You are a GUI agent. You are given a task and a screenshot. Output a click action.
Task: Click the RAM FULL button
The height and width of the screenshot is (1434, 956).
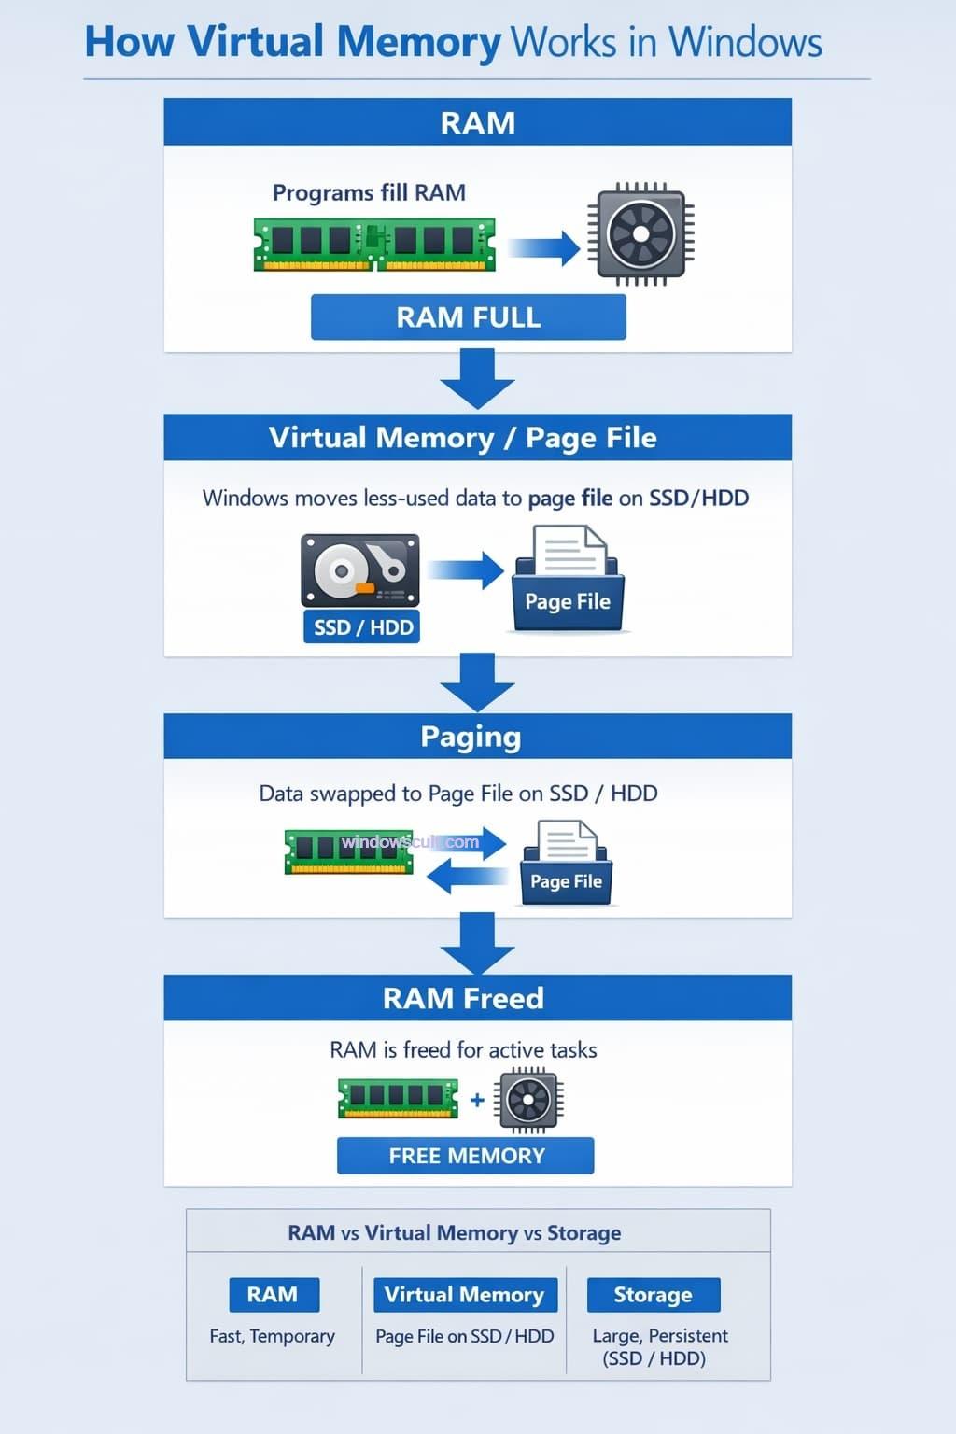(468, 317)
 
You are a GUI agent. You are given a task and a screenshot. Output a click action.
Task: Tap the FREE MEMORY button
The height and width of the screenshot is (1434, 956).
(465, 1156)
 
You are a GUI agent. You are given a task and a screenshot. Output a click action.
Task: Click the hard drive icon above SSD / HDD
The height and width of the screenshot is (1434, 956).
(360, 569)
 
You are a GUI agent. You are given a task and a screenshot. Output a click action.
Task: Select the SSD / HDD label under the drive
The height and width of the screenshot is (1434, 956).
(362, 627)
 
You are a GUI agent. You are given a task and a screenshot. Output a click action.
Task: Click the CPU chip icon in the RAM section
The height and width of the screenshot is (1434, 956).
(640, 233)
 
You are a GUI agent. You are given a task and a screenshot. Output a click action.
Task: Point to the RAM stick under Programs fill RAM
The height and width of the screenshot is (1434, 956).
(374, 245)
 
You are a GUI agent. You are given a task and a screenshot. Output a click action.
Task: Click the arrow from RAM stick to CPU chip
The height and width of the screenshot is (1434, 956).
(544, 247)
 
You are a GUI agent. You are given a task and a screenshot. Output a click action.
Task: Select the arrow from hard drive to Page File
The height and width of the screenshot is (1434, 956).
(466, 569)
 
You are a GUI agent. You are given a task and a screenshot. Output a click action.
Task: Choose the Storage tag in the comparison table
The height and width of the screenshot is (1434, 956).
(653, 1295)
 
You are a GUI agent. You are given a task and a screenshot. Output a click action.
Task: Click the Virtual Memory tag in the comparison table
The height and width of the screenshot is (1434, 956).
(464, 1295)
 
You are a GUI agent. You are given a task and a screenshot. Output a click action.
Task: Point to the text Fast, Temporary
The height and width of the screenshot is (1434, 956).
(272, 1336)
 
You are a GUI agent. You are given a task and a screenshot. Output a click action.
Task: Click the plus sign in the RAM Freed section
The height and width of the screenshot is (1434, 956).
(477, 1100)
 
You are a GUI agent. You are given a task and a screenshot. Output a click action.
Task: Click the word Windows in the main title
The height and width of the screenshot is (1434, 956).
(745, 43)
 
